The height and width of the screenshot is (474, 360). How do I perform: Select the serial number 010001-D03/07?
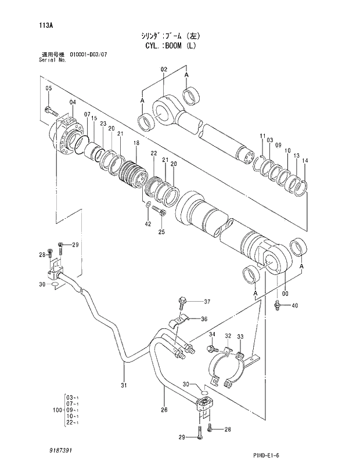pyautogui.click(x=88, y=55)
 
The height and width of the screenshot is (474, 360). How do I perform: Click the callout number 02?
pyautogui.click(x=164, y=70)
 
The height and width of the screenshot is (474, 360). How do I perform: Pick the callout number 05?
pyautogui.click(x=49, y=88)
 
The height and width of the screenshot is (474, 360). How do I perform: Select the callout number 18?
pyautogui.click(x=136, y=143)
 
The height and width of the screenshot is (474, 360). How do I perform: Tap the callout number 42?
pyautogui.click(x=147, y=224)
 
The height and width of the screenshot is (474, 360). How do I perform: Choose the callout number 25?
pyautogui.click(x=161, y=232)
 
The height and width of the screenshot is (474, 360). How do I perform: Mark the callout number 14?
pyautogui.click(x=305, y=161)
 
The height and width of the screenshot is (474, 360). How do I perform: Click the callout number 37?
pyautogui.click(x=207, y=301)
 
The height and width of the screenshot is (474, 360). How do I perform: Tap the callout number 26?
pyautogui.click(x=164, y=410)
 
